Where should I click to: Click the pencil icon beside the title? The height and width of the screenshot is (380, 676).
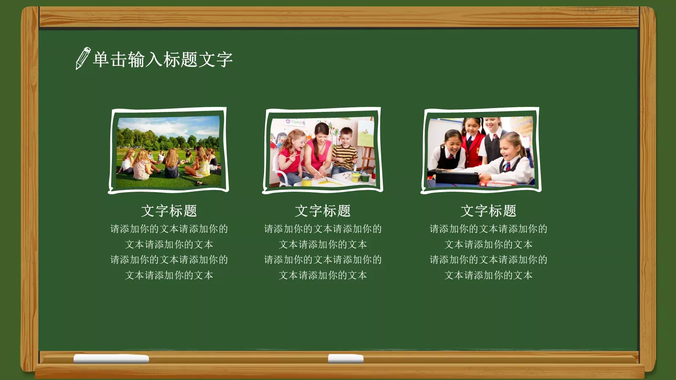(82, 58)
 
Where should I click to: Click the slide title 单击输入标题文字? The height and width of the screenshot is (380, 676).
(163, 60)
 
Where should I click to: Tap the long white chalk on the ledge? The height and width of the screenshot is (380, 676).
(111, 359)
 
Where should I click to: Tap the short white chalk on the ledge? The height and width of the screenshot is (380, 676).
(346, 358)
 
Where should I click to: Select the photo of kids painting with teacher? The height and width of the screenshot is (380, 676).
(322, 151)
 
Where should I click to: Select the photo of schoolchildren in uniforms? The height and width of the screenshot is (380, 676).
(481, 151)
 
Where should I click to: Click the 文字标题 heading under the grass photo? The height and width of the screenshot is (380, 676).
(169, 211)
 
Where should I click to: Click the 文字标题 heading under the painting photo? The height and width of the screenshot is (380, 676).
(323, 211)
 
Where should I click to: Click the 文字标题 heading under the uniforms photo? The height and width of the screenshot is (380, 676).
(488, 211)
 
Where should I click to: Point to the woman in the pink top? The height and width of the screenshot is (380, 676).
(320, 150)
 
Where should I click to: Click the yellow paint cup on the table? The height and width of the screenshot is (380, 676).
(307, 182)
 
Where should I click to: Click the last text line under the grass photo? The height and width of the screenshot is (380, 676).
(169, 275)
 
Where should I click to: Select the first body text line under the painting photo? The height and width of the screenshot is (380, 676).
(323, 229)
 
